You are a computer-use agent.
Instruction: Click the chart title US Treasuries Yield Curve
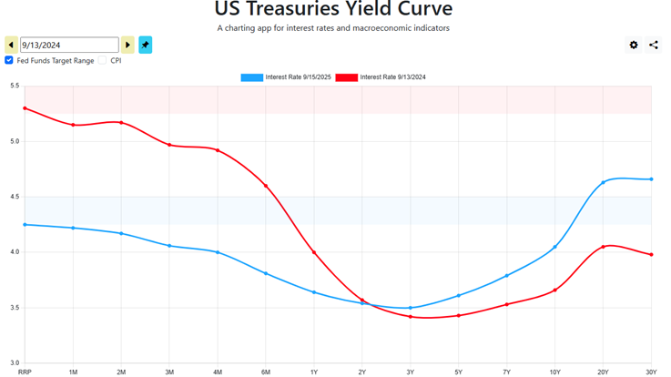point(333,10)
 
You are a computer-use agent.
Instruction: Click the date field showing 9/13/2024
point(69,45)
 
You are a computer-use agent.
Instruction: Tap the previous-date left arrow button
point(11,45)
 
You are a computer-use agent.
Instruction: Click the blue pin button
point(146,45)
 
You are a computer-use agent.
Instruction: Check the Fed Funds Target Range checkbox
point(9,61)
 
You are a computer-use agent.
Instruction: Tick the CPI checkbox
point(103,61)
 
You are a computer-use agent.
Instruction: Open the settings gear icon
point(634,45)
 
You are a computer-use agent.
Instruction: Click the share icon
point(654,45)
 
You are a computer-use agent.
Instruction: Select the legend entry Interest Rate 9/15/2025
point(286,77)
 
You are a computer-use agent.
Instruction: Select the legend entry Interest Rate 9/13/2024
point(381,77)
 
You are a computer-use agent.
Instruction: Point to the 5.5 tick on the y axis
point(15,87)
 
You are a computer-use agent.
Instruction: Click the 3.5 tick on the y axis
point(15,308)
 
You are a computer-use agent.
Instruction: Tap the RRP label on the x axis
point(25,372)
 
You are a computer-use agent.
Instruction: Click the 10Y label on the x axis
point(555,372)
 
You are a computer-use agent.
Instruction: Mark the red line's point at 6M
point(266,186)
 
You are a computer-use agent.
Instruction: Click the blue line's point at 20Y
point(604,183)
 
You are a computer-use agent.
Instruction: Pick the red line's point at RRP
point(25,108)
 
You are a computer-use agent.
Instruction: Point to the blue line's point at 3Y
point(411,308)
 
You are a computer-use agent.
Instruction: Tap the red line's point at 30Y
point(652,254)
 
